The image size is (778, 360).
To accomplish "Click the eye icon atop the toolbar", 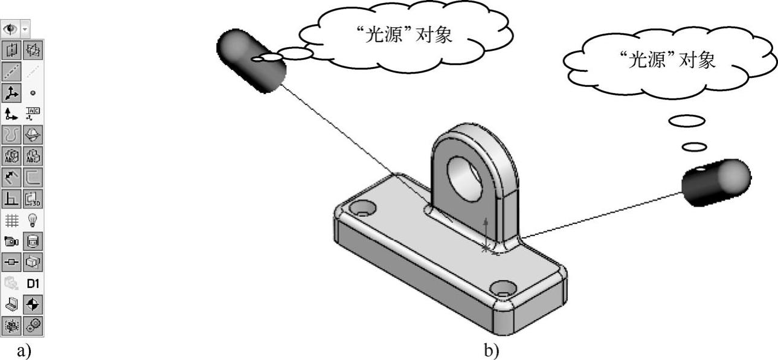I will pyautogui.click(x=10, y=29).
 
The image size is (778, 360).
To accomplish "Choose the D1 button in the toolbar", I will pyautogui.click(x=33, y=283).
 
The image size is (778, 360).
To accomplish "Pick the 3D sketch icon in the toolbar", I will pyautogui.click(x=33, y=198).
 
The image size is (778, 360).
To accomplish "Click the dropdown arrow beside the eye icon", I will pyautogui.click(x=25, y=29).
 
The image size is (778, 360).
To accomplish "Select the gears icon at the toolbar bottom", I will pyautogui.click(x=33, y=325).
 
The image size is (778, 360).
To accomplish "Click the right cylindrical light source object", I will pyautogui.click(x=716, y=181).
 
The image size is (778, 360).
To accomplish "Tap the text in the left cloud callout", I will pyautogui.click(x=404, y=36).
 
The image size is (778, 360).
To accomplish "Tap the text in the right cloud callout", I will pyautogui.click(x=667, y=60).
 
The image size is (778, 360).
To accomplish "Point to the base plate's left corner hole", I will pyautogui.click(x=362, y=209).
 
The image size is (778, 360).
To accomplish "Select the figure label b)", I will pyautogui.click(x=490, y=350).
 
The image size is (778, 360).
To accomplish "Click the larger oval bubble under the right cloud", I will pyautogui.click(x=686, y=121).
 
